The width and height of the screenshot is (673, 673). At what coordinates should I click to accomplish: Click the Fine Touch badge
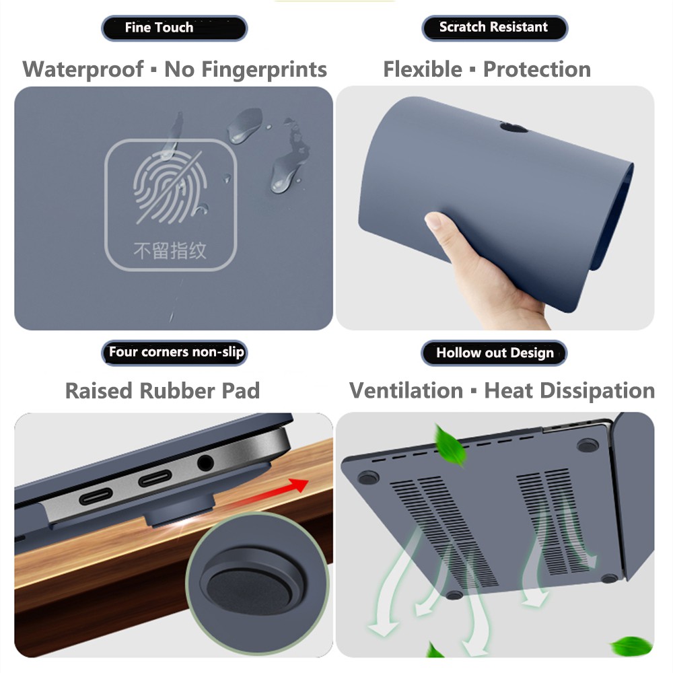click(174, 28)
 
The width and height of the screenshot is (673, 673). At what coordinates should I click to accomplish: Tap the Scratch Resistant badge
click(494, 28)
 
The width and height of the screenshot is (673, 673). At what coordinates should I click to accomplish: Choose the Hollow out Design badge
click(494, 353)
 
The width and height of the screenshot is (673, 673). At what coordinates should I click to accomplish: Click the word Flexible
click(423, 69)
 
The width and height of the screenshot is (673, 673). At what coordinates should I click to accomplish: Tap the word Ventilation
click(406, 391)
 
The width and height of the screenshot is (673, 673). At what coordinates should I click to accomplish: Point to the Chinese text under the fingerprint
click(170, 251)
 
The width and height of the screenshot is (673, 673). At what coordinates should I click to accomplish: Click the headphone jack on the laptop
click(205, 463)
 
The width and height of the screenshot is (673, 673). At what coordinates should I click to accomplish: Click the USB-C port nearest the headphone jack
click(156, 480)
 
